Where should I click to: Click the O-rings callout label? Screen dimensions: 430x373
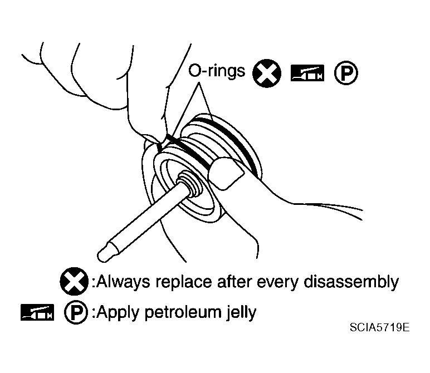pos(216,71)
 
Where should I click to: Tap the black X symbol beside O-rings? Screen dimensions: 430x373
pos(267,73)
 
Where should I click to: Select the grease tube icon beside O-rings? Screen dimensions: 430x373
pos(307,73)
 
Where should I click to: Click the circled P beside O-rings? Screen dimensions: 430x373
pos(346,73)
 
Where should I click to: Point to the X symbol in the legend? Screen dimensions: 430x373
pos(74,281)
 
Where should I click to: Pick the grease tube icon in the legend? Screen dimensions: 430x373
pos(37,312)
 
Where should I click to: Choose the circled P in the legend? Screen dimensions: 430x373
pos(76,312)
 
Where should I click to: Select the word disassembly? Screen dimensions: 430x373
pos(351,282)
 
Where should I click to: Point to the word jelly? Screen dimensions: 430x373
pos(241,313)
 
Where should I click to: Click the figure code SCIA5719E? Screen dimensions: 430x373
pos(379,327)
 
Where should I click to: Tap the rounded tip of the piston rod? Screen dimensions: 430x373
pos(104,255)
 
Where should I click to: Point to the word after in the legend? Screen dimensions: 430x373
pos(234,282)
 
